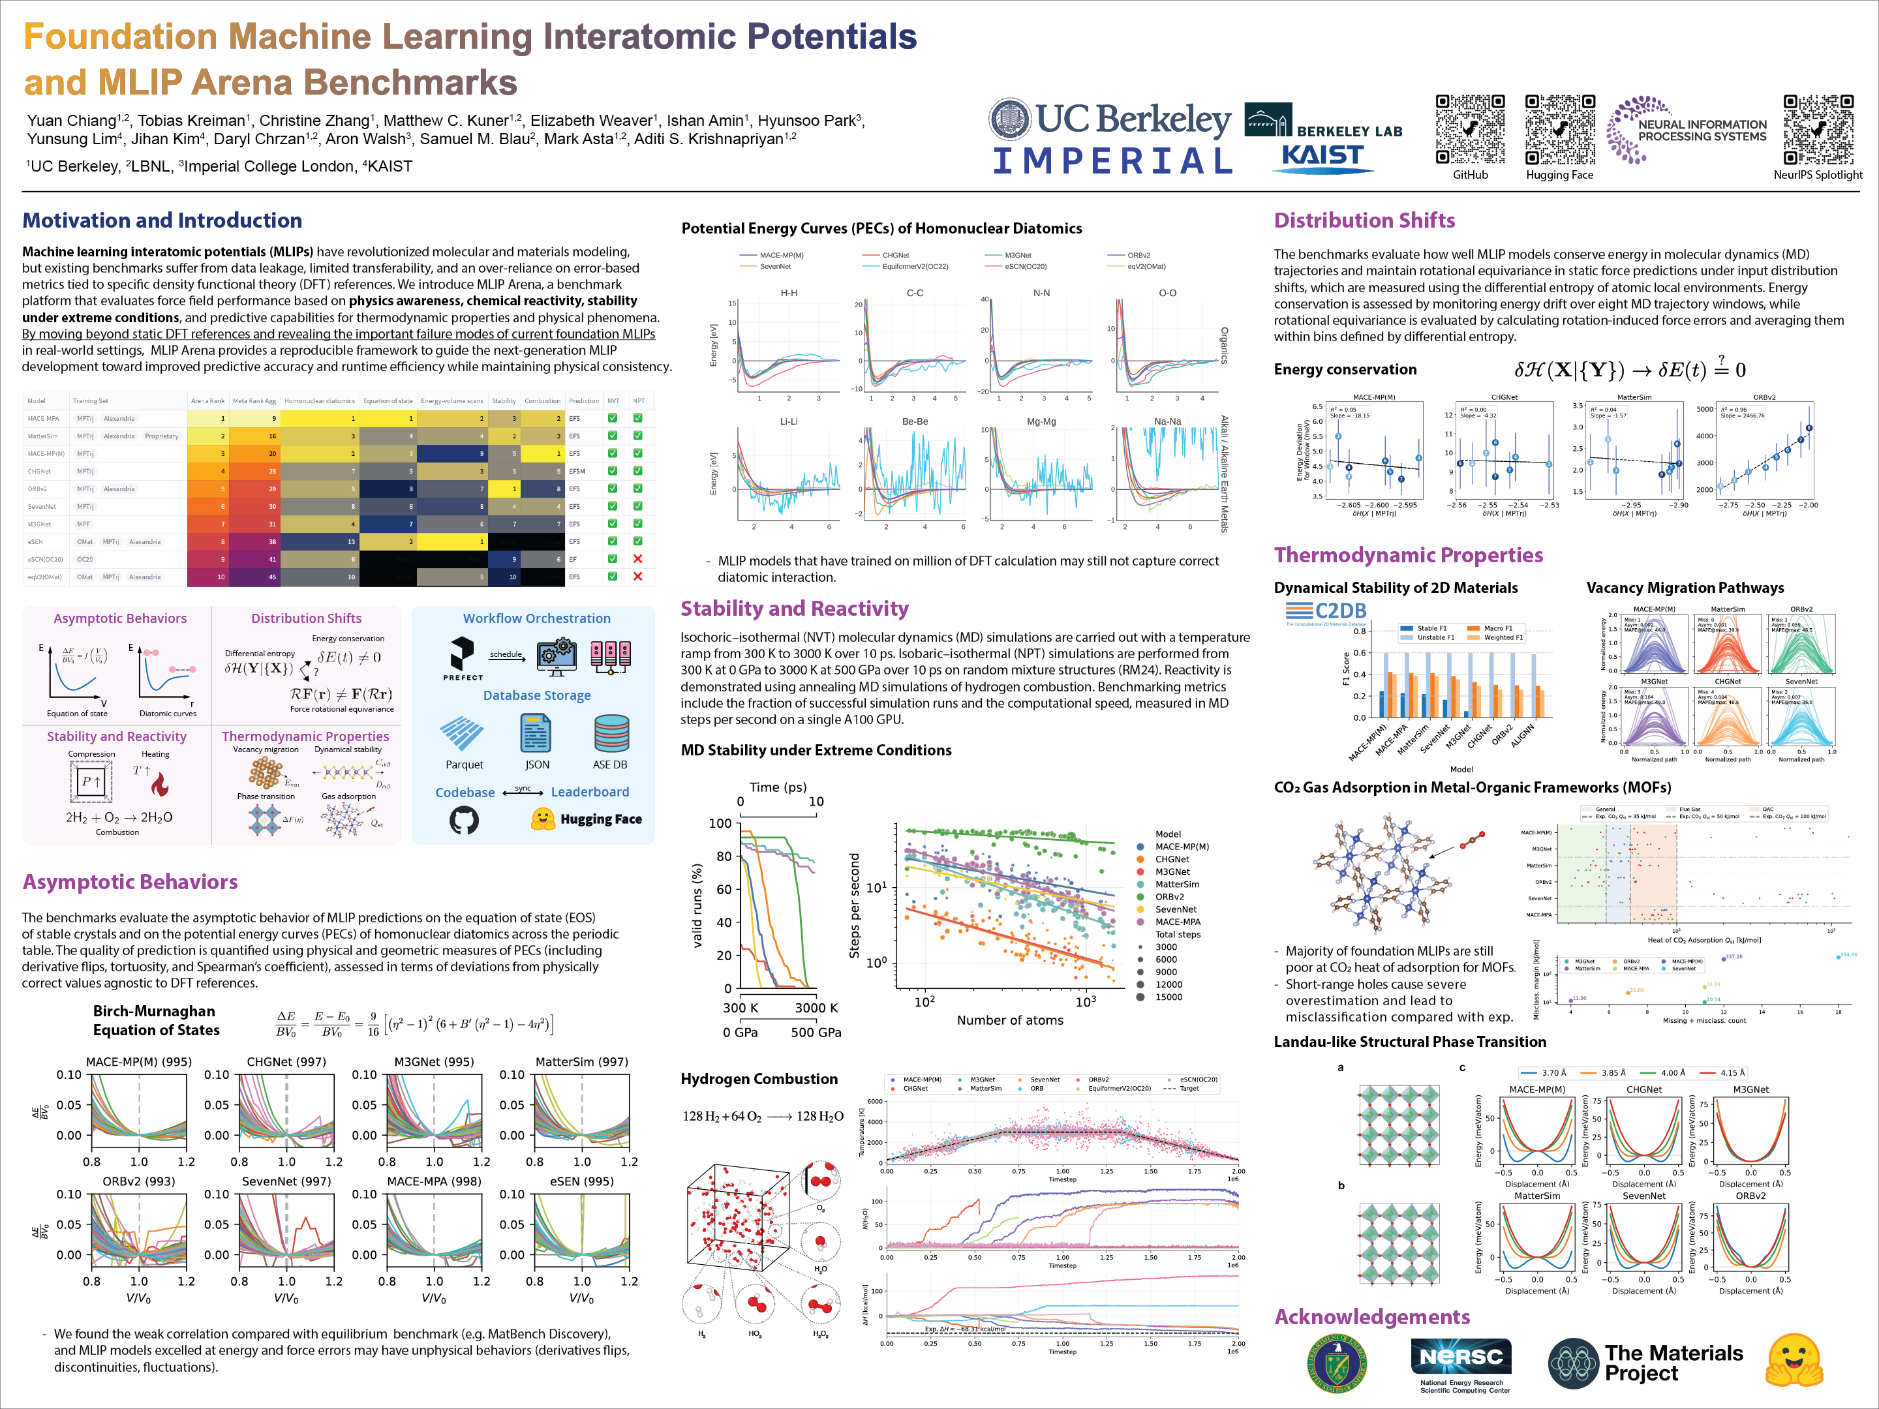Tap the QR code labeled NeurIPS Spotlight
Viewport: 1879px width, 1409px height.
pos(1817,129)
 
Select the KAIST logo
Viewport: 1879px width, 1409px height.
pos(1322,157)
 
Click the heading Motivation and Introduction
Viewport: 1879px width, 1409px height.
pos(161,221)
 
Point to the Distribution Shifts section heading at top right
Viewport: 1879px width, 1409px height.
pos(1364,221)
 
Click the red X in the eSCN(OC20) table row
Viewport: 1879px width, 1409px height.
pos(638,559)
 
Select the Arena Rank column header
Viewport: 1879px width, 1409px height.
pos(207,401)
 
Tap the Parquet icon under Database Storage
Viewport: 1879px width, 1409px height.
pos(463,733)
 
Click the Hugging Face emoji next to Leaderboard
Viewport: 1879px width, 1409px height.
pos(542,819)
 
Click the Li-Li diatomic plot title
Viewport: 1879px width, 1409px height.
pos(788,421)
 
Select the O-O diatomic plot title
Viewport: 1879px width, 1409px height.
pos(1167,293)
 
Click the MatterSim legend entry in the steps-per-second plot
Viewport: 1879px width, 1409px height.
pos(1176,884)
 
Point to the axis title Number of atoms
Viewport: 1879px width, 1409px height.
pos(1009,1020)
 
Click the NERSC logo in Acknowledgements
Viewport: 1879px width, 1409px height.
pos(1461,1357)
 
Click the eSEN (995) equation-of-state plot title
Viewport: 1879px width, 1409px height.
pos(581,1181)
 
